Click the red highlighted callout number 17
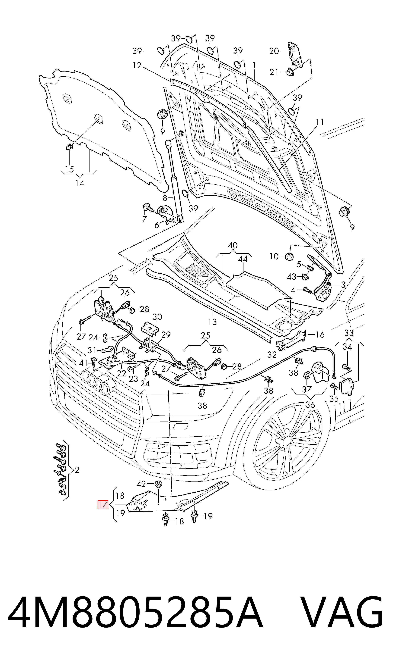click(102, 505)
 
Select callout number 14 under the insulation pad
click(80, 183)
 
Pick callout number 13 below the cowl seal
click(212, 322)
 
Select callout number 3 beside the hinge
click(343, 285)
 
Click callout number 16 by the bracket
click(320, 335)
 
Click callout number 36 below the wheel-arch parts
click(310, 405)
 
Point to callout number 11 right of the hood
click(320, 122)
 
